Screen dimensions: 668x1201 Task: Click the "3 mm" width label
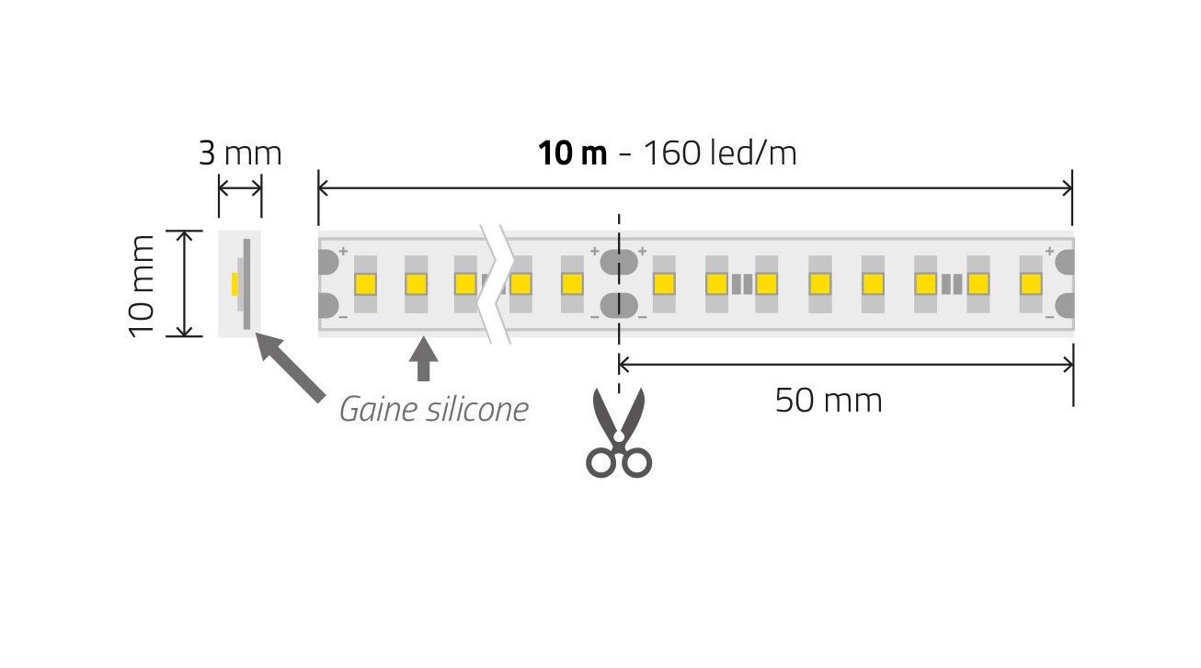(240, 153)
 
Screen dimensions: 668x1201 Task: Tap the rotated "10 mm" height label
(143, 285)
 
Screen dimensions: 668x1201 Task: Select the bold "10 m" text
(572, 153)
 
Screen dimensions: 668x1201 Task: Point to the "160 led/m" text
(718, 153)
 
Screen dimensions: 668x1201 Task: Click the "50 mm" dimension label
(829, 401)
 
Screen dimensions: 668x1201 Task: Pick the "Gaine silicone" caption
(434, 409)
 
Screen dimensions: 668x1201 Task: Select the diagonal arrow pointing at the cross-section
(290, 368)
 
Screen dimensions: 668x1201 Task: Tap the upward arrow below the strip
(423, 358)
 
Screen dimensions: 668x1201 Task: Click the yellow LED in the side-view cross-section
(235, 283)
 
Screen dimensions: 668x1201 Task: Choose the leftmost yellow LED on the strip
(364, 284)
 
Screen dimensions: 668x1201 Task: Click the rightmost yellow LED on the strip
(1031, 283)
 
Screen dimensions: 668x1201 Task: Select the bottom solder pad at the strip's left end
(328, 305)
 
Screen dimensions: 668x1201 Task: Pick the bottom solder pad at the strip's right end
(1064, 304)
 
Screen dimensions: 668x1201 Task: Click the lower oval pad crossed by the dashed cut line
(619, 304)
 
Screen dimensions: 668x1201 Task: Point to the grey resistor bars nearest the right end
(952, 283)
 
